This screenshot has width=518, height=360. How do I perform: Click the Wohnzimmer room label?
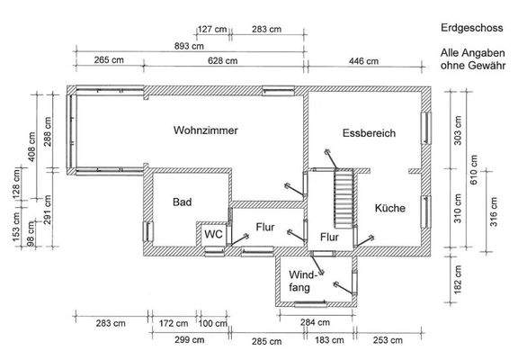pyautogui.click(x=205, y=130)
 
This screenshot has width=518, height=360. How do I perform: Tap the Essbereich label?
pyautogui.click(x=369, y=133)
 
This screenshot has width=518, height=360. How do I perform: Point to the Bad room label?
pyautogui.click(x=183, y=202)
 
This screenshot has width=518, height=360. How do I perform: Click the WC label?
pyautogui.click(x=213, y=234)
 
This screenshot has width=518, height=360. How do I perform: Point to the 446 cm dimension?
pyautogui.click(x=363, y=61)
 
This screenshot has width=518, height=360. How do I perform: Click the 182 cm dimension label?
pyautogui.click(x=458, y=280)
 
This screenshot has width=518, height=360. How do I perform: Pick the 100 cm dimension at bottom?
pyautogui.click(x=213, y=323)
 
